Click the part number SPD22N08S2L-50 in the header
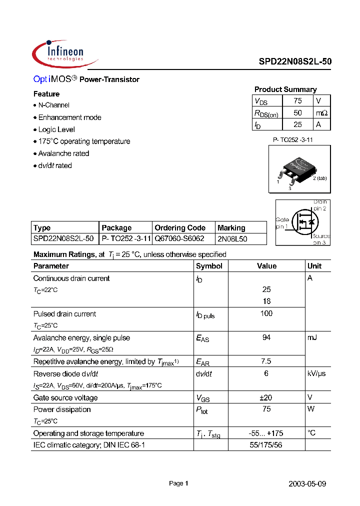(295, 62)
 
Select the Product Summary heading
(285, 89)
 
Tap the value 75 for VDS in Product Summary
(297, 101)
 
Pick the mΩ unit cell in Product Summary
(321, 113)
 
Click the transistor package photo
(298, 169)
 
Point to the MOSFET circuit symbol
(303, 222)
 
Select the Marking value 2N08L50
(232, 239)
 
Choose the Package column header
(116, 227)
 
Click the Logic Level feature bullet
(56, 129)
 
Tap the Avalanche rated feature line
(63, 153)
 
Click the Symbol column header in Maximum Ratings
(209, 266)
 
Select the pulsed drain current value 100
(266, 313)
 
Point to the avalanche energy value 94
(266, 337)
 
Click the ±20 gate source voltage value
(266, 397)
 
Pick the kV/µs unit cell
(316, 373)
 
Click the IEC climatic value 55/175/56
(266, 444)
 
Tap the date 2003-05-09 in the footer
(307, 483)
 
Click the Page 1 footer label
(178, 483)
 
